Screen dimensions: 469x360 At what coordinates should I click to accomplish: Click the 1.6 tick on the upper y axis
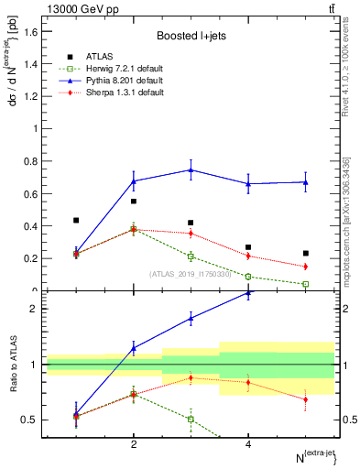[29, 32]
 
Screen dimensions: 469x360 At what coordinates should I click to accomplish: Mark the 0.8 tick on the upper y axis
[29, 161]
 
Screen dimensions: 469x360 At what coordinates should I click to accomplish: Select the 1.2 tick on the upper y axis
[29, 96]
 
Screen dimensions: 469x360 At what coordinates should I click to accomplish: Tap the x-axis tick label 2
[134, 444]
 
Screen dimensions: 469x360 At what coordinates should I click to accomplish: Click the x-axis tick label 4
[248, 444]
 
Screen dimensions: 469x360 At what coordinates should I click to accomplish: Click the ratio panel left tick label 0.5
[27, 420]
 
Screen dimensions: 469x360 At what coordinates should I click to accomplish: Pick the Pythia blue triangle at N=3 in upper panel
[191, 169]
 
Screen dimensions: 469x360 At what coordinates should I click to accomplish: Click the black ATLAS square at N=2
[134, 202]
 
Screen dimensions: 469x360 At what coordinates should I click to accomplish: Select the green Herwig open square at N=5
[306, 284]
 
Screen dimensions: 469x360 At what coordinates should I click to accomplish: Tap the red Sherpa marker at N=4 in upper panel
[248, 256]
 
